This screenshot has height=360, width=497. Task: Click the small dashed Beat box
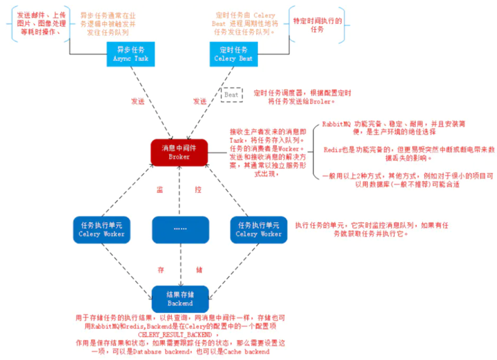click(x=231, y=94)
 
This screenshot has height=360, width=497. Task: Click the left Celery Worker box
click(x=101, y=229)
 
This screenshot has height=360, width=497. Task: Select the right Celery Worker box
click(x=259, y=229)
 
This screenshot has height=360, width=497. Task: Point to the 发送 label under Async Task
click(x=138, y=101)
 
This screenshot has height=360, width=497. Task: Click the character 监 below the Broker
click(x=159, y=188)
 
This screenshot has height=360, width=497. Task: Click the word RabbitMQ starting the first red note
click(x=338, y=123)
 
